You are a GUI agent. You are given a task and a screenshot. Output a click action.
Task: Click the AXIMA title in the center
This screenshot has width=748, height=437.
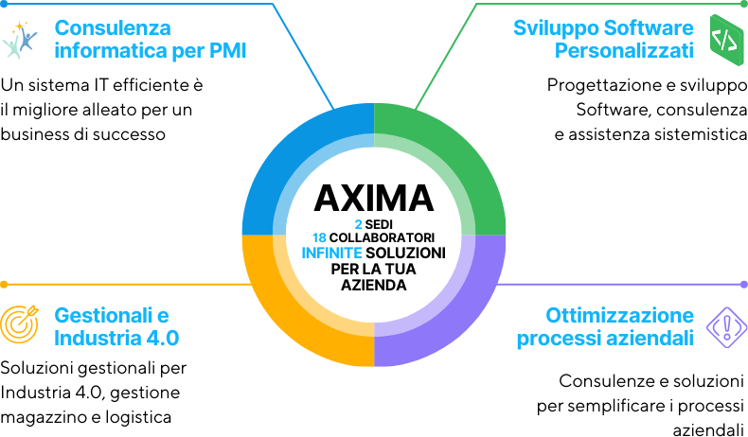point(373,198)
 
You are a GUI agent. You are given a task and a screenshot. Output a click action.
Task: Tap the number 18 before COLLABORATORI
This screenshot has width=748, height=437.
point(319,237)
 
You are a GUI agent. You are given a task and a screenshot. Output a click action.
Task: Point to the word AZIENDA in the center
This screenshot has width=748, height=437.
point(373,284)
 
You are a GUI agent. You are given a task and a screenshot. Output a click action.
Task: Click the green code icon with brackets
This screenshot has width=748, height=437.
point(727,39)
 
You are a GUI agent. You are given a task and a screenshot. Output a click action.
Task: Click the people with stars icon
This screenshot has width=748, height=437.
point(20,39)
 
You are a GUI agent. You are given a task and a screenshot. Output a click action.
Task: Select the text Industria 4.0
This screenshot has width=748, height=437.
point(116,338)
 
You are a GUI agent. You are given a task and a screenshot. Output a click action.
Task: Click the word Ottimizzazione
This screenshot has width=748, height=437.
point(619,315)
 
